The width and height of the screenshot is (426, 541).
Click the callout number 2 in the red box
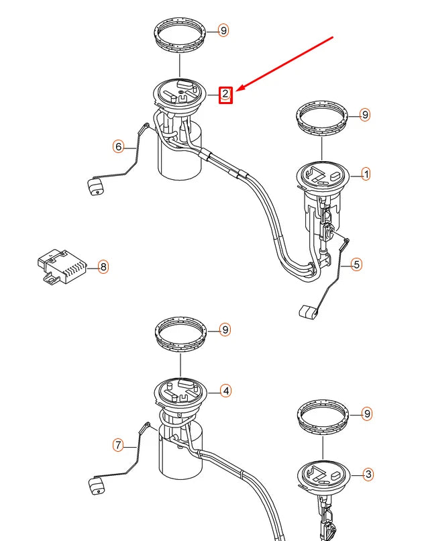(225, 94)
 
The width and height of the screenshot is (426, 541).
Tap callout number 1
(366, 174)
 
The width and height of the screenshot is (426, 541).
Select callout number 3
(368, 475)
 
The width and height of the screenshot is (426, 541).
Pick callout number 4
(225, 391)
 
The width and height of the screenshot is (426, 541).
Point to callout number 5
(357, 264)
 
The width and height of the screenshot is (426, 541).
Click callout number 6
(118, 146)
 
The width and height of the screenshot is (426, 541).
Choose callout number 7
(118, 445)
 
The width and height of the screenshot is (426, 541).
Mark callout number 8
(103, 266)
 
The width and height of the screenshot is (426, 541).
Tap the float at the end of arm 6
(96, 187)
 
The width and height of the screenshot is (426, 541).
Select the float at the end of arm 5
(308, 311)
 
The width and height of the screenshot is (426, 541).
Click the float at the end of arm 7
(97, 485)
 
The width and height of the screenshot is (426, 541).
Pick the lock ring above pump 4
(181, 335)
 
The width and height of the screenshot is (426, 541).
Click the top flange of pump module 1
(323, 177)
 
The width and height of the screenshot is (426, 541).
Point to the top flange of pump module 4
(180, 394)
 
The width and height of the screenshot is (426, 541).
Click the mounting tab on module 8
(51, 279)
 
